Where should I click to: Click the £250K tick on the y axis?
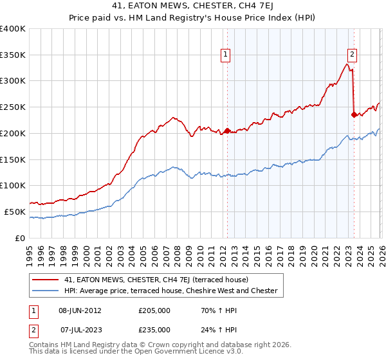[x=13, y=107]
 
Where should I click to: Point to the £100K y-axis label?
[x=13, y=186]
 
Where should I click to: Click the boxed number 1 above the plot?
[x=226, y=56]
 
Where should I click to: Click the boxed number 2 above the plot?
[x=353, y=56]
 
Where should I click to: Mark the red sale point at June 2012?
[x=227, y=130]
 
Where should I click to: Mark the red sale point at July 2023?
[x=354, y=115]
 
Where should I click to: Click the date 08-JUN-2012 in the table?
[x=80, y=310]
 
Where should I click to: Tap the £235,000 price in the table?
[x=154, y=330]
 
